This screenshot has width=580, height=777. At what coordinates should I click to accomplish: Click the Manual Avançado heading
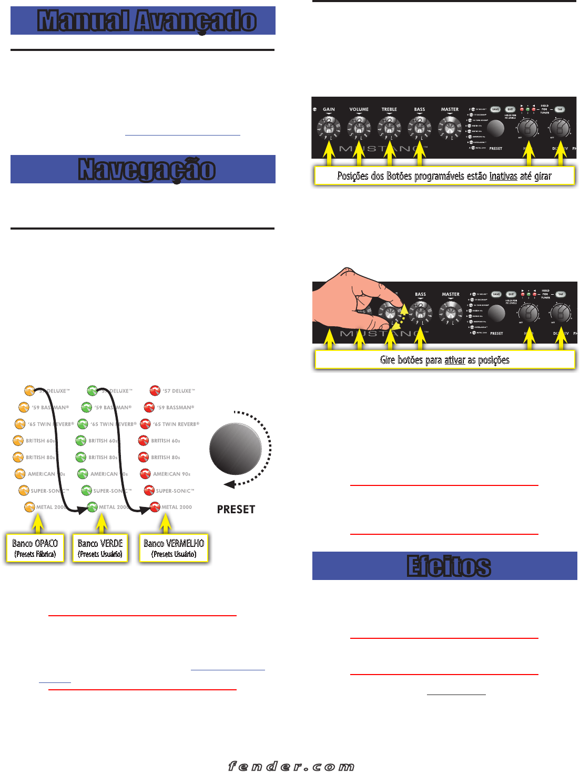point(147,21)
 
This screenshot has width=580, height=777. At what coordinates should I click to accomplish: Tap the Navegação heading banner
point(147,170)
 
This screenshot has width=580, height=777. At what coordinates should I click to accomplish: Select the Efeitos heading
point(449,566)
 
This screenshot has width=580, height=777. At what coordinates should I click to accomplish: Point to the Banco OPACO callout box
point(35,548)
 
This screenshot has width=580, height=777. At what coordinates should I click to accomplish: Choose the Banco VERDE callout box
point(100,548)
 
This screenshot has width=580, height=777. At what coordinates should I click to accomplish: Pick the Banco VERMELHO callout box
point(174,548)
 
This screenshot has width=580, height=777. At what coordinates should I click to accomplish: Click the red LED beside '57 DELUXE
point(155,390)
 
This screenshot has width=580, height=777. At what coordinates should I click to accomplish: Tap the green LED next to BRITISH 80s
point(81,457)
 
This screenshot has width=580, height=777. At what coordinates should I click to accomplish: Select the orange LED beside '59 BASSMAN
point(24,407)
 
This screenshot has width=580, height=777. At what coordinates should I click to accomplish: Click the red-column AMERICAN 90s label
point(171,474)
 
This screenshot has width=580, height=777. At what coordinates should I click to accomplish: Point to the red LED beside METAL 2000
point(155,507)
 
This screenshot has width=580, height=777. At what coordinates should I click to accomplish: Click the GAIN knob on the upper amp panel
point(329,127)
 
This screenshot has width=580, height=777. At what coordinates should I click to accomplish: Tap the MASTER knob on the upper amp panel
point(450,127)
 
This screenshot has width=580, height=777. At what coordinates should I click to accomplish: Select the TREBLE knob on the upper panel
point(389,127)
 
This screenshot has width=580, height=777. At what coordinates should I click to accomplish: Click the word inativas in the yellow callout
point(503,177)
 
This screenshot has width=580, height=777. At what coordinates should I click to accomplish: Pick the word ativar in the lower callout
point(455,360)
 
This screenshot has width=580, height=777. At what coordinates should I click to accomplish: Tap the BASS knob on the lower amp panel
point(420,313)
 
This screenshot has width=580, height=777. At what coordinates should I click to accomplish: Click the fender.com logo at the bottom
point(291,766)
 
